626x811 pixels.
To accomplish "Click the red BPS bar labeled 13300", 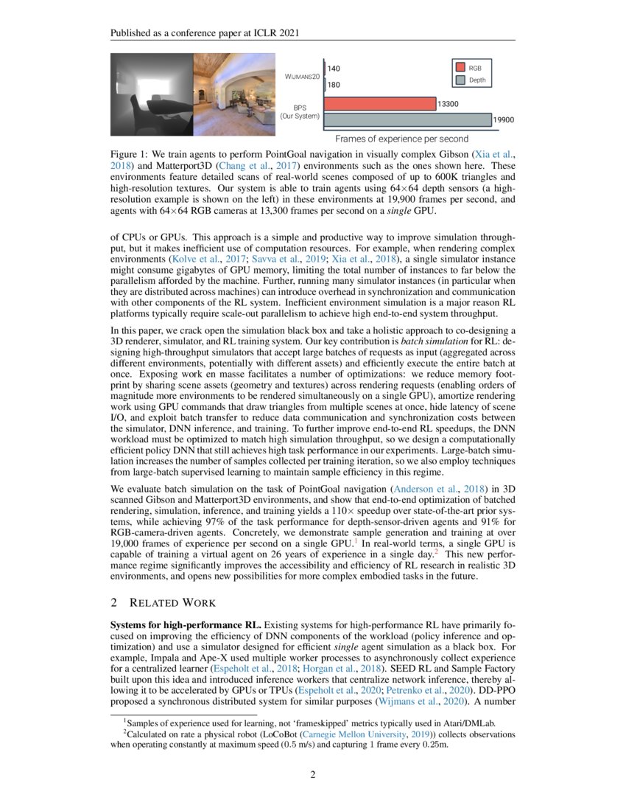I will point(379,104).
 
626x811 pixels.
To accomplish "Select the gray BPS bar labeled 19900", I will point(407,119).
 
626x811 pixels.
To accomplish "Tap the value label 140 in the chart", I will point(334,69).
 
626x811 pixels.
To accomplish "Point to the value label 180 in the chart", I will point(334,84).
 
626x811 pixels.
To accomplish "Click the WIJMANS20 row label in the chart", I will point(302,77).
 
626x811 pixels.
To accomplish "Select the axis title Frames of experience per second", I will point(401,139).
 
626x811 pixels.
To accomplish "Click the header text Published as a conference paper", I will point(205,33).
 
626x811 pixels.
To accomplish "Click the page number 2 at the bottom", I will point(312,774).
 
